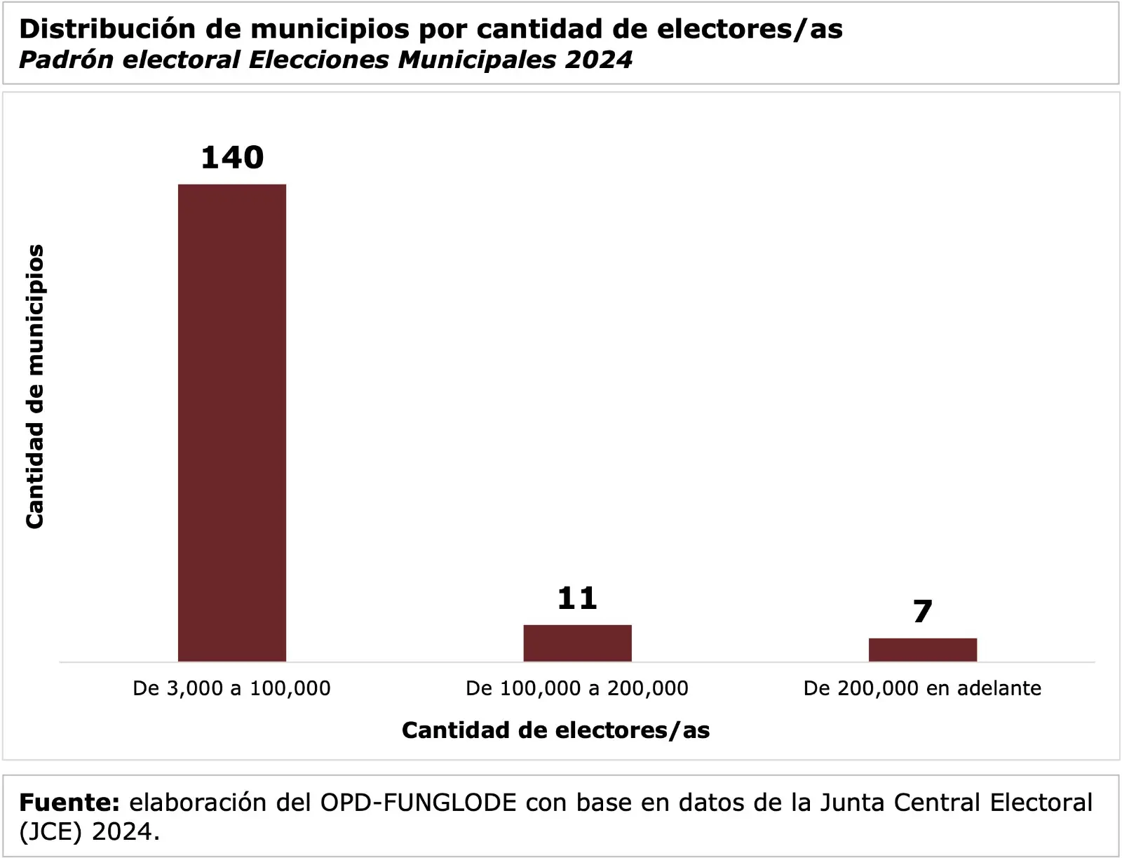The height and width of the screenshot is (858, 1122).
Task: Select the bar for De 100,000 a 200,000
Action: pos(577,643)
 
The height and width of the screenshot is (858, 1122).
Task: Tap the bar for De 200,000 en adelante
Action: pos(922,650)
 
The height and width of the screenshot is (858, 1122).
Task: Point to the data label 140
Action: pos(232,157)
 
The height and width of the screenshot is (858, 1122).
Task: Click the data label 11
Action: pos(577,598)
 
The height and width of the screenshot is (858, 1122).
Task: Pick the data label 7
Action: pos(922,612)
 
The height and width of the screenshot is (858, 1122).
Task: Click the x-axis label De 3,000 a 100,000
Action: pos(231,688)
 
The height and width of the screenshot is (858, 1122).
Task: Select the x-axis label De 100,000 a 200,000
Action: pos(577,688)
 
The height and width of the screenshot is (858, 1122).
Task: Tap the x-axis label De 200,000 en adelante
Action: pos(922,688)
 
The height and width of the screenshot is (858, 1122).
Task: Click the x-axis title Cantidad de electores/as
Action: pos(555,730)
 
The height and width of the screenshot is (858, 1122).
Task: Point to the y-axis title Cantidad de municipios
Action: pos(35,386)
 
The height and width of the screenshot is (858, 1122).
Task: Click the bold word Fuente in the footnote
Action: pos(69,802)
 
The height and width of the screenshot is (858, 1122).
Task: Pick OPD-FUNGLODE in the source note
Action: pos(418,802)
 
